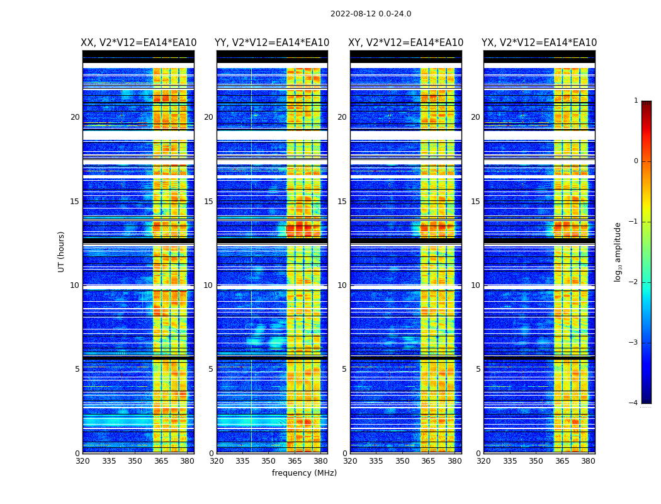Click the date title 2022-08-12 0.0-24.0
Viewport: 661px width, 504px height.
pos(371,14)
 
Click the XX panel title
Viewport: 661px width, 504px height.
pos(138,43)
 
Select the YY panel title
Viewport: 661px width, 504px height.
pos(272,43)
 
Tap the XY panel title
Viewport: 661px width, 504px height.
pos(406,43)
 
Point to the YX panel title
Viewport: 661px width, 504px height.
pos(540,43)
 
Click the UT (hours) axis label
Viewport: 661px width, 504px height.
pos(62,251)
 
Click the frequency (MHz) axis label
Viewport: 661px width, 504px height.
pos(304,473)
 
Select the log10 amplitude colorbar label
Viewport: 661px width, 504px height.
pos(618,251)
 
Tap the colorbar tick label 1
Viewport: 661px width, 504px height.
pos(636,101)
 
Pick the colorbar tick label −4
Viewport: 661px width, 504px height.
pos(634,403)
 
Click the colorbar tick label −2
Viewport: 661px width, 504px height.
pos(634,282)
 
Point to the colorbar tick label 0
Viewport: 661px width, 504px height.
pos(636,161)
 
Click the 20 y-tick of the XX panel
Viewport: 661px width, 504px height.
pos(75,117)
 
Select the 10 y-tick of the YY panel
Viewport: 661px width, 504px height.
pos(208,285)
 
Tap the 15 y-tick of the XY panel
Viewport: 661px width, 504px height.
pos(342,202)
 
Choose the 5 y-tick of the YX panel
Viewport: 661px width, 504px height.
pos(478,369)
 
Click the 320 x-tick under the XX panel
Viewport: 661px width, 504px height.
pos(82,461)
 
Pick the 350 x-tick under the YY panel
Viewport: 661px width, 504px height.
pos(269,461)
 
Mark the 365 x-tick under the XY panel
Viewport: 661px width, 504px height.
pos(428,461)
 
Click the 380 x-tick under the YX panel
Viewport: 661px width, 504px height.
pos(588,461)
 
